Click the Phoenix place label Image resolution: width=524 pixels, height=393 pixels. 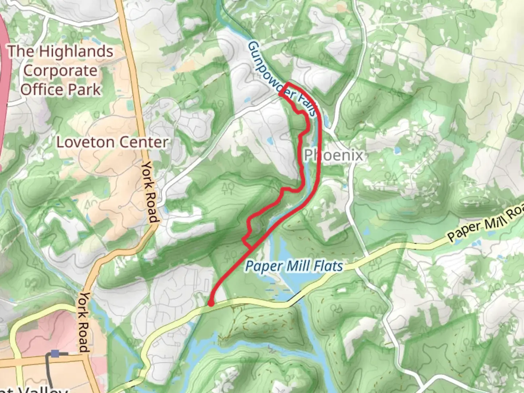[x=334, y=155]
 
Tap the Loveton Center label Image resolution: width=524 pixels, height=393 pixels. [x=112, y=142]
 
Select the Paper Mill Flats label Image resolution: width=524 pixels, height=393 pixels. [x=294, y=266]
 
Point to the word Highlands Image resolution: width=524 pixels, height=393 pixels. [x=76, y=51]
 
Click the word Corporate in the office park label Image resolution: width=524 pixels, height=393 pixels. [x=60, y=71]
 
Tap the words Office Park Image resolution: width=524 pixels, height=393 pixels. [x=60, y=90]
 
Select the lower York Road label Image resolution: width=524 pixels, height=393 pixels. [x=84, y=322]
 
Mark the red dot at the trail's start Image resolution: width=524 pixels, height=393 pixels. [x=210, y=303]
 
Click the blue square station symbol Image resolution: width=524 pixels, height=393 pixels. [x=55, y=353]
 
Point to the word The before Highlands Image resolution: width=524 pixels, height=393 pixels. [x=21, y=51]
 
